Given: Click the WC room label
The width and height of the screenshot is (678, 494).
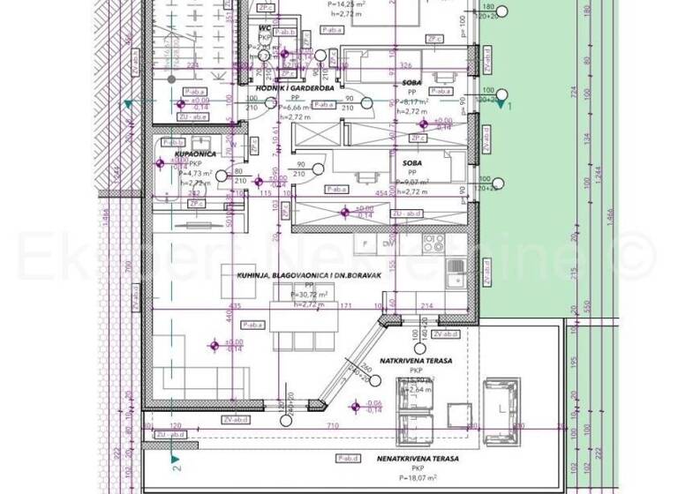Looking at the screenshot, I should [263, 27].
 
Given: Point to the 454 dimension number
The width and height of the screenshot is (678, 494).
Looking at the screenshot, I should [380, 193].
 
